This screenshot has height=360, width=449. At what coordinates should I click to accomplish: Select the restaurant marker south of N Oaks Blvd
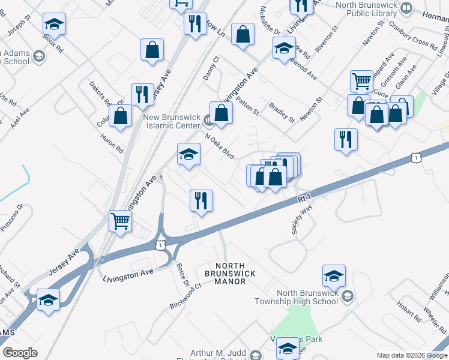[x=201, y=200]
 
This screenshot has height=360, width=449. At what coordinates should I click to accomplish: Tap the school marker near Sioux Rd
[x=54, y=25]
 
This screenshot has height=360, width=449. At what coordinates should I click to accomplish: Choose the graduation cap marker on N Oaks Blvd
[x=188, y=155]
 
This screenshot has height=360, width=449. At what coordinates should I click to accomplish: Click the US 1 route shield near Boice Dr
[x=160, y=245]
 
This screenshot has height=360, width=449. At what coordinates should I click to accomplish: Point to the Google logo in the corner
[x=20, y=353]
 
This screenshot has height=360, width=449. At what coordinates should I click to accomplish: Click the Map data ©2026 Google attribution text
[x=411, y=355]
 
